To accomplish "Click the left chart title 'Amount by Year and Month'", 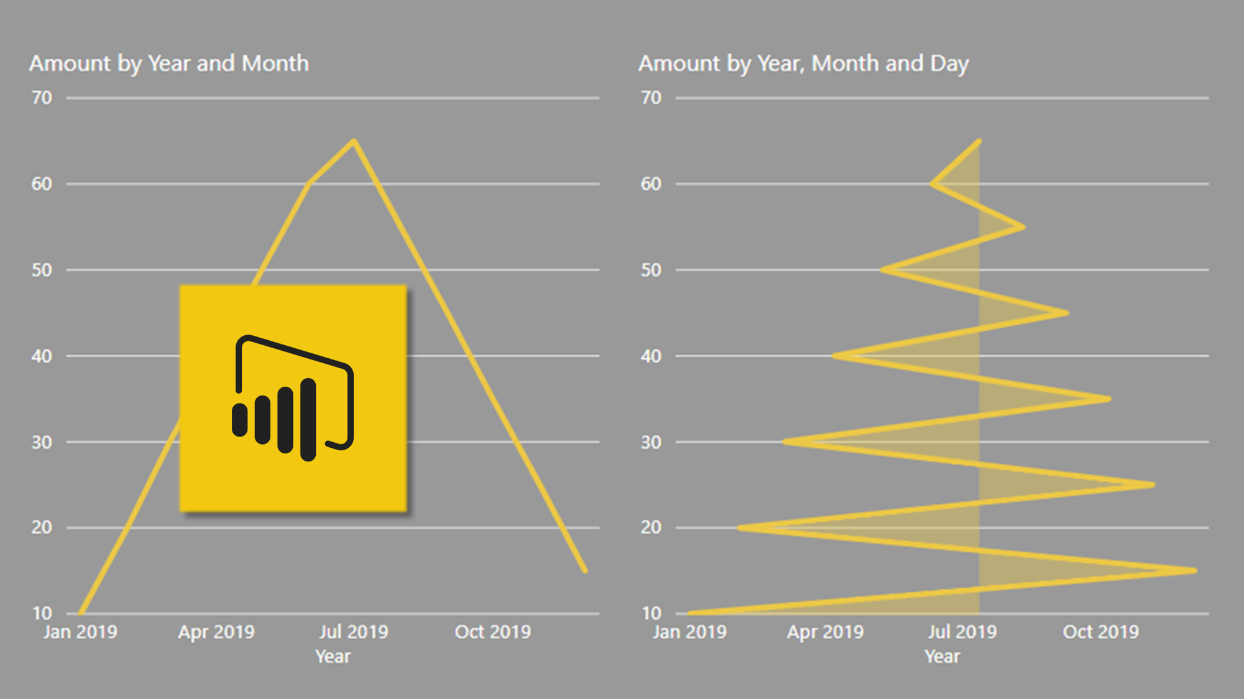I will [x=168, y=63].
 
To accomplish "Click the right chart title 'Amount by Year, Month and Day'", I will [x=803, y=63].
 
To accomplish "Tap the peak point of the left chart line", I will [x=354, y=142].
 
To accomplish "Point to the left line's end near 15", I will [x=584, y=570].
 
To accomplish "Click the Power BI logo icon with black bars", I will [x=293, y=398].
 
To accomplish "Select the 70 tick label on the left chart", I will [x=42, y=98].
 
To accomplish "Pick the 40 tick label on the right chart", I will [x=651, y=356].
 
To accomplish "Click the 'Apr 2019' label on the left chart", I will [x=216, y=632].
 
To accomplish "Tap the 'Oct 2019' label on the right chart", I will [x=1100, y=632].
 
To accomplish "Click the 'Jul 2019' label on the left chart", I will [x=353, y=632].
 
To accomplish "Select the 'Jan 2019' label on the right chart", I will [x=689, y=632].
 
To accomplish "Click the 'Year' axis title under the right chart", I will [x=942, y=657].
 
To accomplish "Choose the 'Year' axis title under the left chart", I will [x=333, y=657].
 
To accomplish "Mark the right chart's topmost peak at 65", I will [x=979, y=142].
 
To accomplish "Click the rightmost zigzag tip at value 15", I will [x=1194, y=570].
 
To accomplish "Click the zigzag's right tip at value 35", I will [x=1108, y=399].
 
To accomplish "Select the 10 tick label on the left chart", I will [x=42, y=613].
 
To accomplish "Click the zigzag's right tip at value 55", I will [x=1023, y=227].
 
